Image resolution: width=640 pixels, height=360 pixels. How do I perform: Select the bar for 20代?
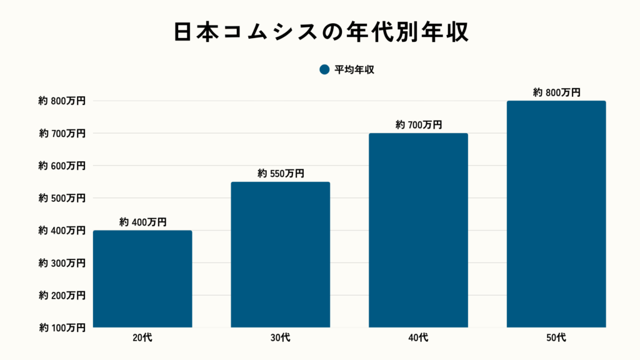coord(142,279)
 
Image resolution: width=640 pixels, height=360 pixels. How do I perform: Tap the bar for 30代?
coord(281,254)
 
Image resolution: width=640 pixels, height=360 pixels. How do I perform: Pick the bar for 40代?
coord(418,230)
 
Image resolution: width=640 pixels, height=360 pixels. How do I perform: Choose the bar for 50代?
coord(556,214)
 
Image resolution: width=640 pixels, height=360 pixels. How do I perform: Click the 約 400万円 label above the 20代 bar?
coord(142,222)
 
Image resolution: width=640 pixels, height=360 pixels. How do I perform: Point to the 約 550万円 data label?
coord(281,173)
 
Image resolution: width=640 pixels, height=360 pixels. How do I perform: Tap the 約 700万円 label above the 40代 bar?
coord(418,125)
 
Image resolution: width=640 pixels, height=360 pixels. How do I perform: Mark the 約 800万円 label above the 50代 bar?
coord(556,92)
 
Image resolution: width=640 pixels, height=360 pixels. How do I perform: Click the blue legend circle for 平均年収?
coord(324,70)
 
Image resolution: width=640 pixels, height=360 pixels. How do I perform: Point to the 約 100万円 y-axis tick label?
coord(62,327)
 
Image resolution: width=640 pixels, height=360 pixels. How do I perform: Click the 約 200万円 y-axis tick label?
coord(62,295)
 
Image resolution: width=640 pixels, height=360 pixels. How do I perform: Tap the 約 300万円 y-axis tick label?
coord(62,262)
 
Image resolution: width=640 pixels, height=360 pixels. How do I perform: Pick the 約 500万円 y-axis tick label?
coord(62,198)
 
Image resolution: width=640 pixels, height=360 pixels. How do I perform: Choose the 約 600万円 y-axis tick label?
coord(62,166)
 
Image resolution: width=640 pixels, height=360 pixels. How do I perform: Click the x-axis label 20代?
coord(142,338)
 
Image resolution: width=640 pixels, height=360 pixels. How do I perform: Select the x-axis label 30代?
coord(281,338)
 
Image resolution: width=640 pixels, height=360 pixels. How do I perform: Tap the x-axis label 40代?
coord(418,338)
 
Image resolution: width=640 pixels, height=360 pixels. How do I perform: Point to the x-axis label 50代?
coord(556,338)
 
